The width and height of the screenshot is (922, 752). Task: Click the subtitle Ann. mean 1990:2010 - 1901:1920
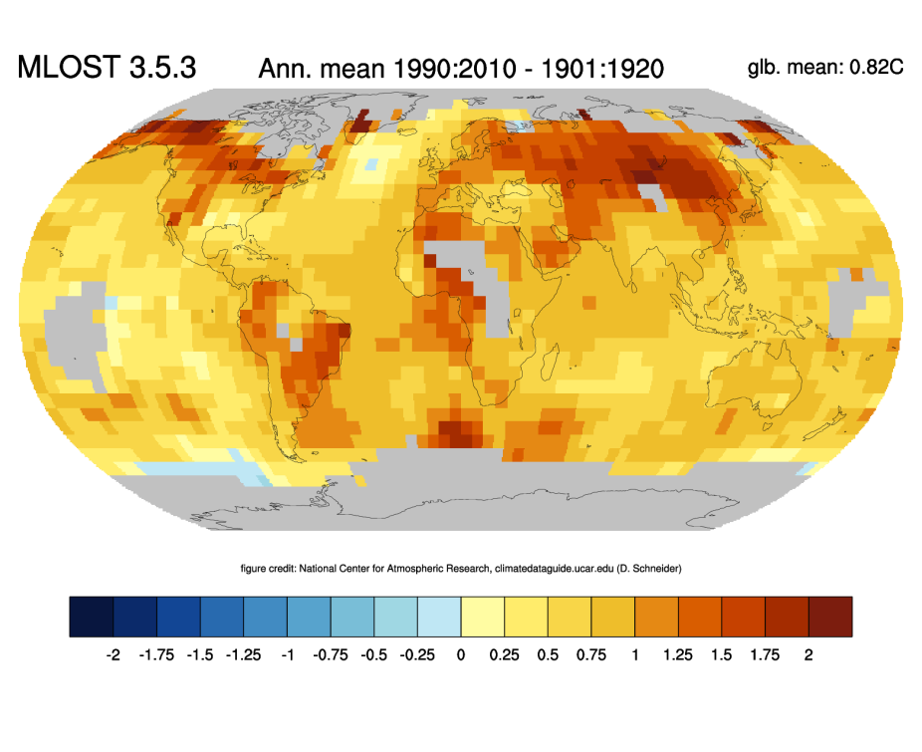tap(461, 68)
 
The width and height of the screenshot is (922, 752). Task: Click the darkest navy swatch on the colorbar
tap(92, 616)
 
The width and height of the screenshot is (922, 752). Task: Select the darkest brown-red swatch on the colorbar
tap(830, 616)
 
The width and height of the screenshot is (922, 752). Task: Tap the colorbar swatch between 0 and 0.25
tap(483, 616)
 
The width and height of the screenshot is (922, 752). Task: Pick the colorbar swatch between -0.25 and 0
tap(439, 616)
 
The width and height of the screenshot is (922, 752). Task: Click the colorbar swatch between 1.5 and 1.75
tap(744, 616)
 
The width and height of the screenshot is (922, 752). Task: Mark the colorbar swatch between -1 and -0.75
tap(309, 616)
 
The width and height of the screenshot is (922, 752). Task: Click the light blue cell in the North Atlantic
tap(372, 164)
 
